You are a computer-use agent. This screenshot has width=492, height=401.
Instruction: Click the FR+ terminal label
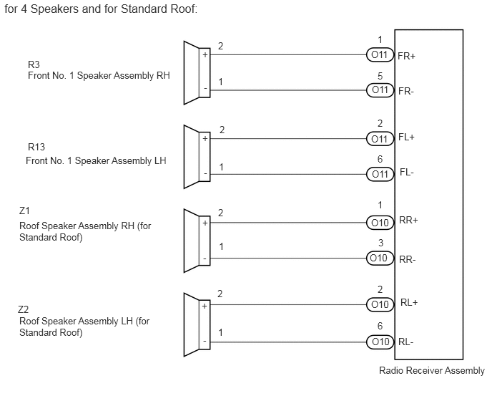406,56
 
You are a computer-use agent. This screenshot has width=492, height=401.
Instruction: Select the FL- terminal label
407,173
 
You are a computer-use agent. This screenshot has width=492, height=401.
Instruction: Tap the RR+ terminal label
408,221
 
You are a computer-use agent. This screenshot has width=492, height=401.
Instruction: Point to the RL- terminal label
405,342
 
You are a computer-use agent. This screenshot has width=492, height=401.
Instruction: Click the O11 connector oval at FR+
380,54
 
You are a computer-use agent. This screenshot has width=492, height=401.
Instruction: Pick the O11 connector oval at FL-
380,174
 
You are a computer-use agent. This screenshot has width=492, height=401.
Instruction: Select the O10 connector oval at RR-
380,258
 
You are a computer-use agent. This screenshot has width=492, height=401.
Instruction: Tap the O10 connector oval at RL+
380,304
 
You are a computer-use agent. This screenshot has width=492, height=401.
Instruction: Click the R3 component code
34,64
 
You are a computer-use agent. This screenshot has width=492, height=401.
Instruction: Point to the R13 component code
36,147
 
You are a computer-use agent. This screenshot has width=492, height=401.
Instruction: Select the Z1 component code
24,211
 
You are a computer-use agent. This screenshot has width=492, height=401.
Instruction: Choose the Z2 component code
23,309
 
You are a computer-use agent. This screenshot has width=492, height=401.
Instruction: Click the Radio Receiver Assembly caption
432,370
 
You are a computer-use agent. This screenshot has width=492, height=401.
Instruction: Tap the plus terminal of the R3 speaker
205,55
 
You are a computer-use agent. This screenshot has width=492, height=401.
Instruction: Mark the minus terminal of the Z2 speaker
205,342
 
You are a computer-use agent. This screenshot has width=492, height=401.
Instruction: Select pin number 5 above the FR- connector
380,76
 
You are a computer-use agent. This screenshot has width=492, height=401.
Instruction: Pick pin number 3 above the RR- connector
380,243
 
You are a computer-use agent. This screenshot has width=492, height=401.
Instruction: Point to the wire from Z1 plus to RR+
288,223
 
